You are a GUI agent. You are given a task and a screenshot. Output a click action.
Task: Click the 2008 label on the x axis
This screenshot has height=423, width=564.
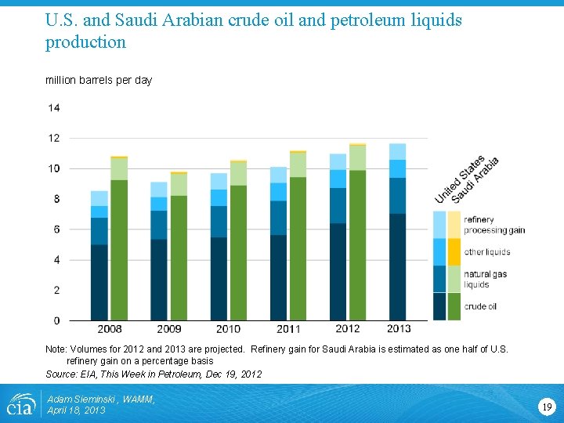[x=109, y=328]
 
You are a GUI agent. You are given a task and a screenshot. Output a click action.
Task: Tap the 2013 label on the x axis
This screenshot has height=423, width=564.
[x=398, y=328]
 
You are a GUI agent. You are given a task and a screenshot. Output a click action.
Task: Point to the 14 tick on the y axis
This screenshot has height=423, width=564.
[x=54, y=107]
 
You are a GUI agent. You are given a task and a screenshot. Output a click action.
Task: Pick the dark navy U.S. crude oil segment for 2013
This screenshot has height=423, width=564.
[x=398, y=267]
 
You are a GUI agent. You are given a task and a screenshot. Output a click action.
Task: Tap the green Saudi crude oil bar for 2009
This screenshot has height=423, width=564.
[x=179, y=258]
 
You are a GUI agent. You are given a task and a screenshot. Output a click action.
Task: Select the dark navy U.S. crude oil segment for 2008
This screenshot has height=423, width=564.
[x=99, y=283]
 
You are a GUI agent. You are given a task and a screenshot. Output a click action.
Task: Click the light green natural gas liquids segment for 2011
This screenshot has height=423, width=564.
[x=298, y=164]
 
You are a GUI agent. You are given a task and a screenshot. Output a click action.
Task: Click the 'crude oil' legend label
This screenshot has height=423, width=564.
[x=480, y=306]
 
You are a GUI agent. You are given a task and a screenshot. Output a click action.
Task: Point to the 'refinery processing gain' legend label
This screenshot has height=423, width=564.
[x=493, y=225]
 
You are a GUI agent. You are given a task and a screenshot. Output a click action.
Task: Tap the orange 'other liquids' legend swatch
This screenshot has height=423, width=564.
[x=454, y=251]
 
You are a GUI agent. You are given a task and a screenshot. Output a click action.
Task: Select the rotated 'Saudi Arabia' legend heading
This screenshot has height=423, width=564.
[x=475, y=181]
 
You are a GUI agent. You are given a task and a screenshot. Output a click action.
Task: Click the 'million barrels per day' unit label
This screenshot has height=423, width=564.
[x=99, y=80]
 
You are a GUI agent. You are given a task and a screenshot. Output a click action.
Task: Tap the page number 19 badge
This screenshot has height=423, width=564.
[x=547, y=406]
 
